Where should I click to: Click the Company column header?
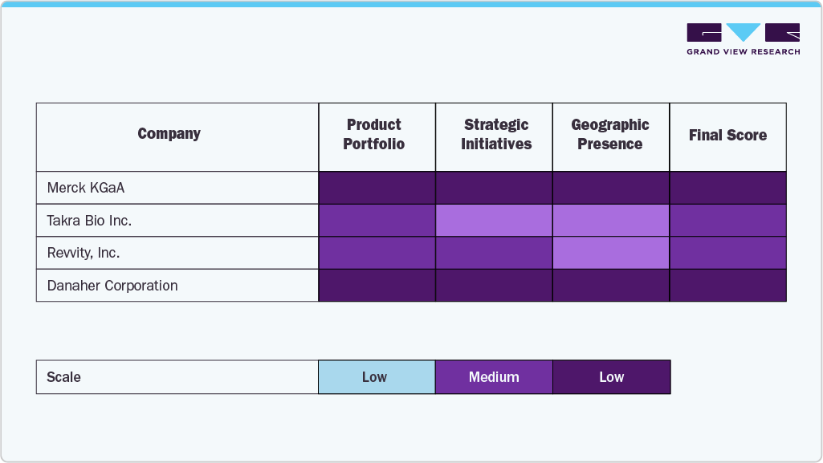(x=169, y=134)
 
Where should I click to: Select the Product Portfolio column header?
(x=374, y=135)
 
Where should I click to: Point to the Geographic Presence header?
(x=610, y=135)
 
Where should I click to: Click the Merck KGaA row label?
(x=86, y=188)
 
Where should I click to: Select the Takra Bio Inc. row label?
(x=89, y=221)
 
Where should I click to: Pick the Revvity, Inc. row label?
(x=84, y=253)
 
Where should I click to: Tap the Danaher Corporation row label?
(x=112, y=286)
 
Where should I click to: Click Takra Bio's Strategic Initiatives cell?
(x=494, y=221)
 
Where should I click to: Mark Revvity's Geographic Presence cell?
(x=611, y=253)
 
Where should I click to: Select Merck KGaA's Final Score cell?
(x=727, y=188)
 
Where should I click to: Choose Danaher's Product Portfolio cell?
(x=377, y=286)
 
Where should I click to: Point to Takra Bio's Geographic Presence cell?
(x=611, y=221)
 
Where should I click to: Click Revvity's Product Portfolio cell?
(x=377, y=253)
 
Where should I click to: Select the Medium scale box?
(x=494, y=377)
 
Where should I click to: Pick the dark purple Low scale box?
(x=611, y=377)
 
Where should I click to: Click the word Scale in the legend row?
(x=64, y=377)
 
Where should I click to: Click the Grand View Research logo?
(x=743, y=39)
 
